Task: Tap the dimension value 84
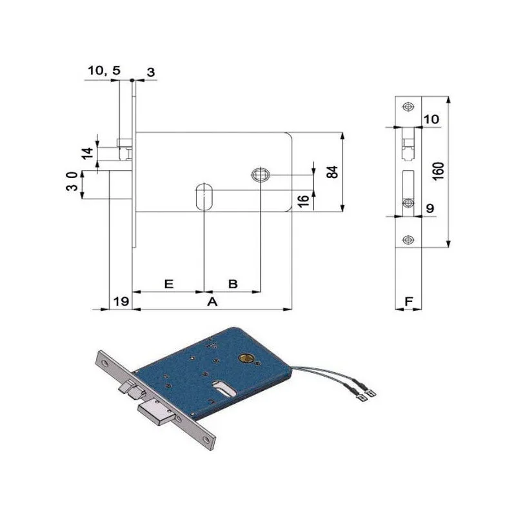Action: [x=333, y=172]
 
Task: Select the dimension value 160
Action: [x=438, y=172]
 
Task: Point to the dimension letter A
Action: [x=210, y=301]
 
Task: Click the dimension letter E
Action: [x=168, y=283]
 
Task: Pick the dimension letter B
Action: [x=233, y=283]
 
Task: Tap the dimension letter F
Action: [x=408, y=301]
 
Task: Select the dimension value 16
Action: [x=302, y=200]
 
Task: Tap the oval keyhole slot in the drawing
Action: [x=204, y=196]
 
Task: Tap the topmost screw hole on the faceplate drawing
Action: [x=407, y=106]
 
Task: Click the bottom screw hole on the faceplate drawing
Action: [x=407, y=237]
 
